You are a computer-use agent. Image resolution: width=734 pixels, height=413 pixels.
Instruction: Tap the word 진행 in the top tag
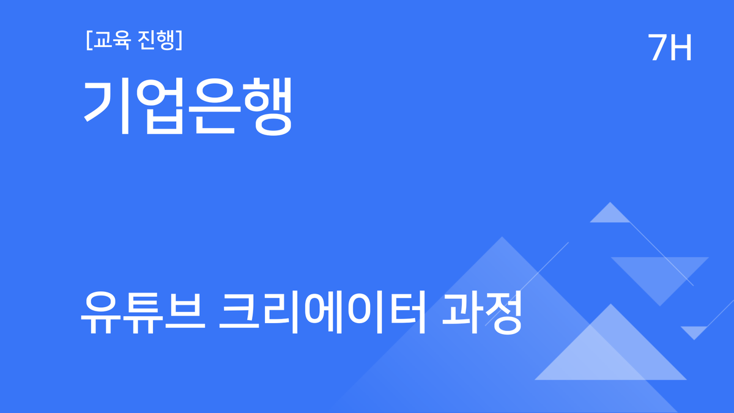click(156, 40)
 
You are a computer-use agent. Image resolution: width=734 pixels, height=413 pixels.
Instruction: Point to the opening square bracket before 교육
click(89, 41)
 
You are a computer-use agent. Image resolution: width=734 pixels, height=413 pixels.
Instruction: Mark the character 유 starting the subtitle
click(100, 314)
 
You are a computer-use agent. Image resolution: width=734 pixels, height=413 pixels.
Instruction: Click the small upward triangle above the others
click(609, 215)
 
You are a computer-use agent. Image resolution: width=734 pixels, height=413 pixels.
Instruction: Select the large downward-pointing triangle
click(659, 273)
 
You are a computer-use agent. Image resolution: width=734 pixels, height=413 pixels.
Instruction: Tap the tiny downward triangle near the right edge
click(694, 331)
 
